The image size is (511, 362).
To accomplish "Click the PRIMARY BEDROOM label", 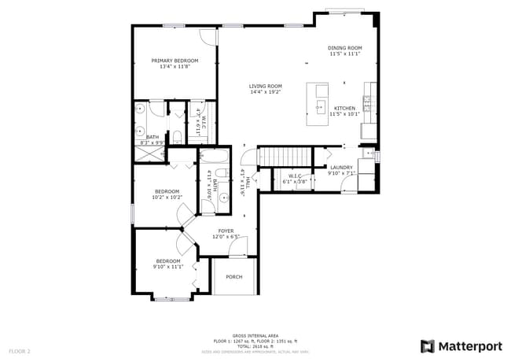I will (x=175, y=61).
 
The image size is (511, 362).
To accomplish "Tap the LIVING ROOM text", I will (x=266, y=87).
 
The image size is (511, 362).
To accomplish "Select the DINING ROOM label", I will (x=344, y=48).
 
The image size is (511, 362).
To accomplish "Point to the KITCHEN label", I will (x=344, y=108).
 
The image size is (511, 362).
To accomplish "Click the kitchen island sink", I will (x=321, y=105).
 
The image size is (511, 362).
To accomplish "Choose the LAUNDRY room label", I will (x=341, y=168).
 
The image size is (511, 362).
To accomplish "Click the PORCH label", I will (x=233, y=277).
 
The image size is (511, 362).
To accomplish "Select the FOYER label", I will (x=226, y=231).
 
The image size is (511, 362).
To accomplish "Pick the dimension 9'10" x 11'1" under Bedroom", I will (x=168, y=267).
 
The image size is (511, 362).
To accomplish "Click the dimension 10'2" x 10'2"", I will (x=167, y=198).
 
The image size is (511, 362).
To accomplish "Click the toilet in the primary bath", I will (x=177, y=139).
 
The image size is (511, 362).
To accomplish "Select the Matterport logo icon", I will (x=427, y=346).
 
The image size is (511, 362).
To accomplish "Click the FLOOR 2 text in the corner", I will (x=20, y=350).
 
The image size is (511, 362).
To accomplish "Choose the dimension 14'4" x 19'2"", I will (x=266, y=92).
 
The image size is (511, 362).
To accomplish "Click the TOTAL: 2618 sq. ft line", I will (x=256, y=346).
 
